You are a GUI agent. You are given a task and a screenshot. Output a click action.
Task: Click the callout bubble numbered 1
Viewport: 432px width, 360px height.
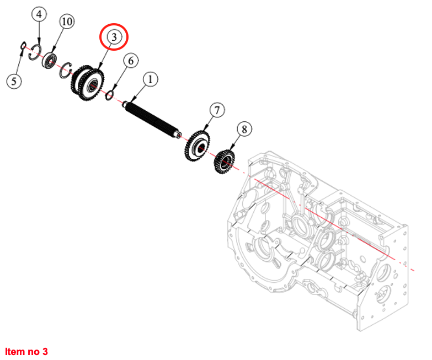[150, 79]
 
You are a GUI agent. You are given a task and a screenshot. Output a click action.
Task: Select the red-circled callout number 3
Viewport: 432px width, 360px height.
[113, 37]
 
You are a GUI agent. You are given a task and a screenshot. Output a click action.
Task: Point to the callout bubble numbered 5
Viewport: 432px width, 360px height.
[14, 81]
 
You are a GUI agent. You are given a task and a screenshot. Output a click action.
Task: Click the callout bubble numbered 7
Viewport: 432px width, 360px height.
[217, 110]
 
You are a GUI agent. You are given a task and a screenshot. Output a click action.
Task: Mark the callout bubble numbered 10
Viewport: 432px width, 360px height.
[67, 22]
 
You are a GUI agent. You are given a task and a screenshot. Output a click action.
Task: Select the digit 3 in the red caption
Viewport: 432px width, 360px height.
[46, 351]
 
